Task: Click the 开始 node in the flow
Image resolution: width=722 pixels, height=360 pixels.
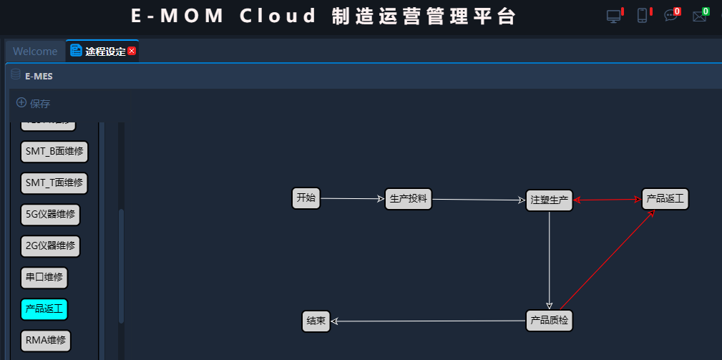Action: coord(306,198)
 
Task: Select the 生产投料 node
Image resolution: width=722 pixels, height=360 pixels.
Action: coord(409,199)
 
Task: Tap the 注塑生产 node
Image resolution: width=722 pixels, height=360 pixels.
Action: coord(549,200)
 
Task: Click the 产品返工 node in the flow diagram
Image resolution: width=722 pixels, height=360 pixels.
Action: coord(665,199)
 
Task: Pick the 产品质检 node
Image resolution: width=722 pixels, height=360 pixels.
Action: coord(549,320)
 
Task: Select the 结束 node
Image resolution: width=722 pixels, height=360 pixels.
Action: coord(316,321)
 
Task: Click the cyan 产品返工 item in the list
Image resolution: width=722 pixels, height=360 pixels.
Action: coord(44,309)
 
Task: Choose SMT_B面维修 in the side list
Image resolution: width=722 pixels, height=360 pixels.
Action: coord(54,151)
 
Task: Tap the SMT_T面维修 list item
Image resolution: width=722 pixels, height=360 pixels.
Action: coord(54,183)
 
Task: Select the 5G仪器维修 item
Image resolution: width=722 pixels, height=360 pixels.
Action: coord(50,214)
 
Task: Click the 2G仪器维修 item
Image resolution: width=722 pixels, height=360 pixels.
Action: coord(50,246)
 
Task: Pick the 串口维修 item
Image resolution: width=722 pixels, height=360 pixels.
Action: coord(44,278)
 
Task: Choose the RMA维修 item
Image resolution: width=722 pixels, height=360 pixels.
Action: coord(46,341)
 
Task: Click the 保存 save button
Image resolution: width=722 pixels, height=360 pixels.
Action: coord(34,104)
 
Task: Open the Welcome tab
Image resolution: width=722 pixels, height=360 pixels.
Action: coord(35,52)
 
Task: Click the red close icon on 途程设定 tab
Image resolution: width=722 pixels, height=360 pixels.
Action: coord(132,52)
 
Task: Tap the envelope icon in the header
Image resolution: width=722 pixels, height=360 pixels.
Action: coord(698,16)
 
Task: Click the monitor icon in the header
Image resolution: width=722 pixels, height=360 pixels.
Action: coord(613,16)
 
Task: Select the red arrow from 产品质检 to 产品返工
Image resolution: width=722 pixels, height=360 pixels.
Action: coord(607,261)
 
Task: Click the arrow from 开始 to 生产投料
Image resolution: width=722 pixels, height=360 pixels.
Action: coord(352,199)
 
